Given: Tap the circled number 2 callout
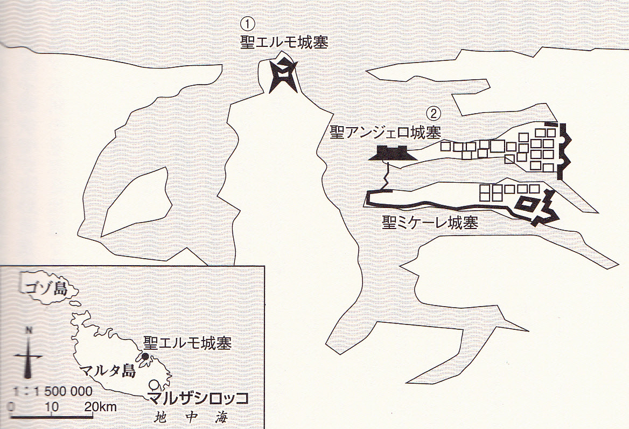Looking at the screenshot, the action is tap(433, 114).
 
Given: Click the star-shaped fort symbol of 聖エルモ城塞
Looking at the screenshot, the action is tap(283, 74).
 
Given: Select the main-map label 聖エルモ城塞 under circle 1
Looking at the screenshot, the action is tap(284, 43).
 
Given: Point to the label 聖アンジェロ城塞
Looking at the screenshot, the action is tap(386, 132).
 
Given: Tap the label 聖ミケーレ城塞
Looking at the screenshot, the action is tap(430, 222).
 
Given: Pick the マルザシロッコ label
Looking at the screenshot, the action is tap(198, 398).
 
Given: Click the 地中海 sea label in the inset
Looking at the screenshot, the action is tap(191, 417).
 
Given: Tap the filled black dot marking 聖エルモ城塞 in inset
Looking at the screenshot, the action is tap(145, 356).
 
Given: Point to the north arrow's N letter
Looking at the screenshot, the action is tap(29, 330).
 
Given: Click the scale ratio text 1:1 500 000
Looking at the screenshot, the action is tap(53, 391).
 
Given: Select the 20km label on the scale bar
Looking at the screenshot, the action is tap(101, 407).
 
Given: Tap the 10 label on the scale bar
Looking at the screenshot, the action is tap(51, 407).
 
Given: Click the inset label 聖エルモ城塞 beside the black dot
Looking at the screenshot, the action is tap(187, 343).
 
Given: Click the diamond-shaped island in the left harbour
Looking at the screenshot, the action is tap(136, 202).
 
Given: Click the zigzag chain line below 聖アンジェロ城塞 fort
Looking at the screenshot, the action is tap(387, 175).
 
